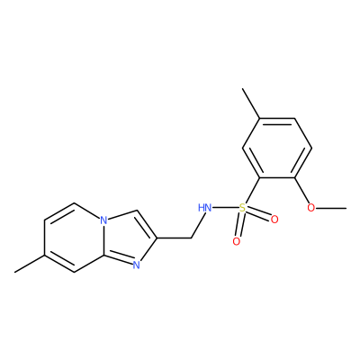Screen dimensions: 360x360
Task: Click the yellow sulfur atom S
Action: coord(242,207)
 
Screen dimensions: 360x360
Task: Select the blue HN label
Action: coord(204,207)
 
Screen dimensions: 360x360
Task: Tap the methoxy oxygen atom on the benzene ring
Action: coord(311,207)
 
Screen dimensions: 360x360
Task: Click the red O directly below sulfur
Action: coord(237,241)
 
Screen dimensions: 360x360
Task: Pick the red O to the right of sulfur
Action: coord(274,220)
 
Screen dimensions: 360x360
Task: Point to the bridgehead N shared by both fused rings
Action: coord(103,221)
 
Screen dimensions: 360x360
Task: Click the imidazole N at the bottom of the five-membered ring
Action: coord(137,265)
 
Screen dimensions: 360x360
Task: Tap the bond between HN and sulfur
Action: coord(225,207)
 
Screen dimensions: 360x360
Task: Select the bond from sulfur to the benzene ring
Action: coord(252,190)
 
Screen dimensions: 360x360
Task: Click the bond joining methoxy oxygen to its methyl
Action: coord(331,207)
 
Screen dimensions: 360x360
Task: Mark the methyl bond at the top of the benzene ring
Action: coord(252,103)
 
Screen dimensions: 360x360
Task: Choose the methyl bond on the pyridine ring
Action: coord(30,264)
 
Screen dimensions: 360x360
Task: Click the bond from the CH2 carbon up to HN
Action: coord(199,225)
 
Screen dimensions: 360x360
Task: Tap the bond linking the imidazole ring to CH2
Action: coord(174,238)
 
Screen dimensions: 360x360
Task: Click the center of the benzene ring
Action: coord(278,148)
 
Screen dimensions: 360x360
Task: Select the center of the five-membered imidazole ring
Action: coord(130,238)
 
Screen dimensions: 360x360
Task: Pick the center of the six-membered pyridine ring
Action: coord(74,238)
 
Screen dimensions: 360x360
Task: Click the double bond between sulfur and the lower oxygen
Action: coord(239,224)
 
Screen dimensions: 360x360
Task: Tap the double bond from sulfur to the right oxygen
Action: coord(258,213)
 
